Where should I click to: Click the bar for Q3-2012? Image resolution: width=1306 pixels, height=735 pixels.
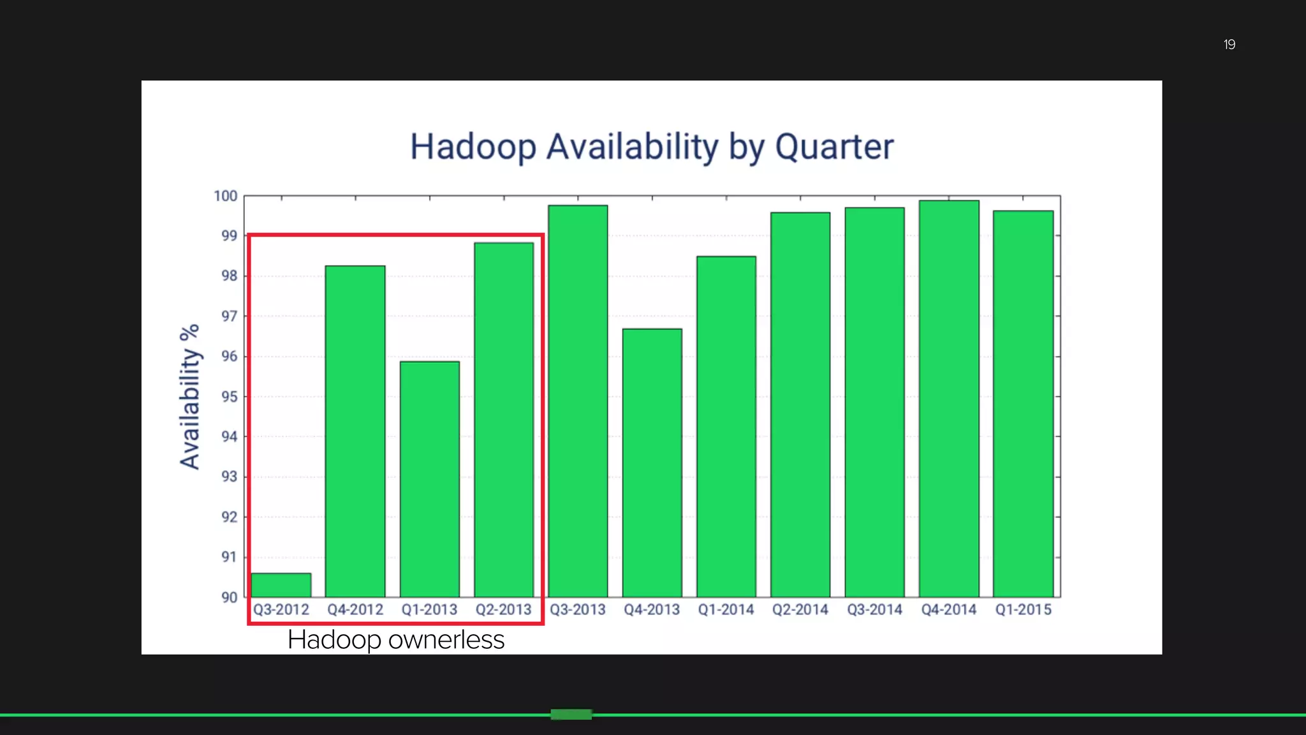[x=281, y=585]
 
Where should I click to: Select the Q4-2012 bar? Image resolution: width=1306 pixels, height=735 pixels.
[x=355, y=431]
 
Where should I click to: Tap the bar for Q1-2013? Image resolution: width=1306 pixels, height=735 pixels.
[x=430, y=479]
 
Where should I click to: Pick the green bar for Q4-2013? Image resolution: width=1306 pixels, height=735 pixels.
[x=652, y=463]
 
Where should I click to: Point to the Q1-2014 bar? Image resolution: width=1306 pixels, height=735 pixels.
[x=726, y=426]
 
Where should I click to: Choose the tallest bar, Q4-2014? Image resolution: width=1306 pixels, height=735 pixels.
[x=949, y=399]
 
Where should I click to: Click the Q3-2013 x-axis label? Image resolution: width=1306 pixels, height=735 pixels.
[x=578, y=610]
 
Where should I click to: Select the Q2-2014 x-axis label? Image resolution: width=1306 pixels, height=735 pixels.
[x=800, y=610]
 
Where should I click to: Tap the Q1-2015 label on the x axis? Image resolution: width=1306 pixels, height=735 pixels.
[x=1024, y=610]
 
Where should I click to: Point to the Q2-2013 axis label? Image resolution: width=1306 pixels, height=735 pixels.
[x=504, y=610]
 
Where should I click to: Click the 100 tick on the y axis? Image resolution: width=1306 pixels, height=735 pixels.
[x=226, y=196]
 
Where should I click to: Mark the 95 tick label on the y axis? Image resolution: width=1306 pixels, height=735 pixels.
[x=229, y=397]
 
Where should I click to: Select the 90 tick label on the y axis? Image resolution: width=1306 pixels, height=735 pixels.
[x=229, y=598]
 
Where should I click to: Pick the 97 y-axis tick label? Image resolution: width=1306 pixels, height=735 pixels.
[x=229, y=316]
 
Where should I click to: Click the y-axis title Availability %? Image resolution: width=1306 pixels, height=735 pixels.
[x=190, y=397]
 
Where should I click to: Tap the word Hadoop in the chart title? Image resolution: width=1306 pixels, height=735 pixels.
[x=473, y=147]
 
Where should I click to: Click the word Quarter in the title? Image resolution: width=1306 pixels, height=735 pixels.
[x=834, y=147]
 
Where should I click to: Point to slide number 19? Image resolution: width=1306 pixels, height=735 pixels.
[x=1229, y=45]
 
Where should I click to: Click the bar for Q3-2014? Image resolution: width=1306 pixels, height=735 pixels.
[x=875, y=402]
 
